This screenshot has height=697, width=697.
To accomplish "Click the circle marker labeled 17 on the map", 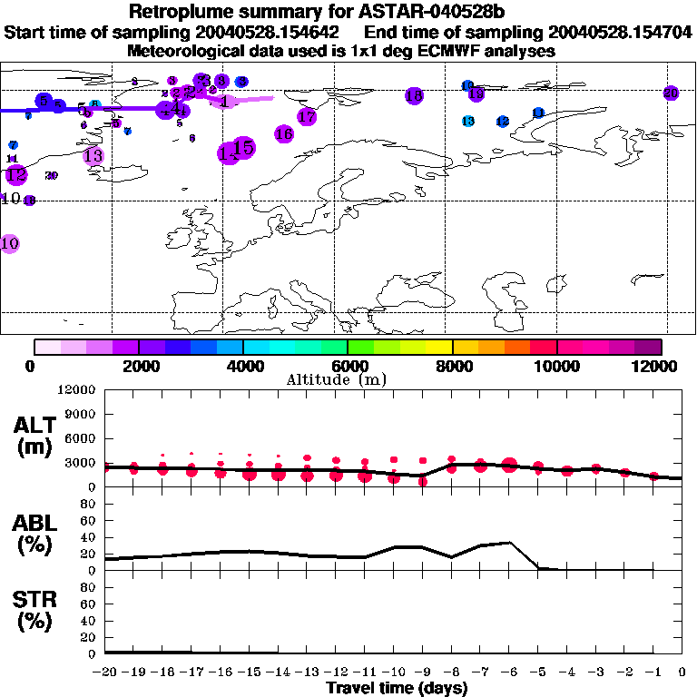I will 307,116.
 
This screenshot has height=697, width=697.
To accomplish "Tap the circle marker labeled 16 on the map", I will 283,133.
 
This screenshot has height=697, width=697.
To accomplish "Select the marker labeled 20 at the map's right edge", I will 671,93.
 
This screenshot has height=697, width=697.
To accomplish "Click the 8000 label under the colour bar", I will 451,366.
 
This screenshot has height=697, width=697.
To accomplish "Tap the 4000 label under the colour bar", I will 242,366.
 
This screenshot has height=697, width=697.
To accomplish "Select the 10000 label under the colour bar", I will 556,366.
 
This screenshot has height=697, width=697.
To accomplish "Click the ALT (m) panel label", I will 35,435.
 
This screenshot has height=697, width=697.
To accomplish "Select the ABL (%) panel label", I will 35,532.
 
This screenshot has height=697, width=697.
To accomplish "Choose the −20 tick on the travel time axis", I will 105,672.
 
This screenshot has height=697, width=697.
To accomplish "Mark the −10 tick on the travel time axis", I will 394,672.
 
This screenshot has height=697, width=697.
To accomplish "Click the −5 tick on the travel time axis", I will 538,672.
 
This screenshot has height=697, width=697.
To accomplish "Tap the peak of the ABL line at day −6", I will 510,543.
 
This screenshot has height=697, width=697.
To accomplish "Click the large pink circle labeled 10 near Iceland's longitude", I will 10,243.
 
